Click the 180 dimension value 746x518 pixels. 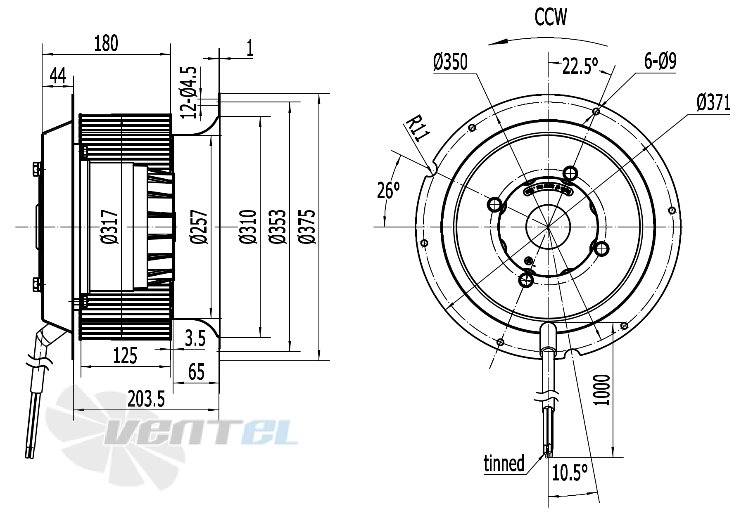click(x=106, y=44)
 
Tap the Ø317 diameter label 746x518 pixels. click(x=110, y=227)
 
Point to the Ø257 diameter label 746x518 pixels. click(x=200, y=227)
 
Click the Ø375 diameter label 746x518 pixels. click(x=308, y=227)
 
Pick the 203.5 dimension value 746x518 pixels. click(x=146, y=399)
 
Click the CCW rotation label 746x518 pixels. click(x=551, y=17)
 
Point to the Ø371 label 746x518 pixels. click(x=713, y=103)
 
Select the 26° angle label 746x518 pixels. click(x=388, y=191)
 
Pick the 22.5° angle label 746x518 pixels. click(x=580, y=66)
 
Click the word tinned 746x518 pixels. click(x=504, y=463)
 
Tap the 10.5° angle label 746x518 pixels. click(x=570, y=473)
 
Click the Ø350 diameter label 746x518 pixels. click(x=450, y=62)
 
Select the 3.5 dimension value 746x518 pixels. click(x=195, y=339)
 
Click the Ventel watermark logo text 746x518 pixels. click(x=202, y=431)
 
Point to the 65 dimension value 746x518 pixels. click(x=196, y=372)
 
